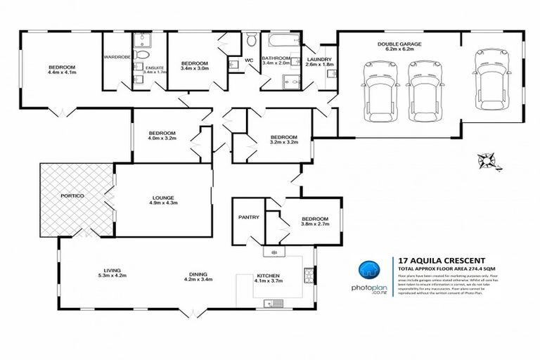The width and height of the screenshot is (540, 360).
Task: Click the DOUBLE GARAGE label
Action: (399, 44)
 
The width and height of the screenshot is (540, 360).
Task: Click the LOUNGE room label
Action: (162, 198)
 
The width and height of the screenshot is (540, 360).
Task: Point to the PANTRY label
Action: (249, 217)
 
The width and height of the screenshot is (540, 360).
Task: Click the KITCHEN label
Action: (269, 276)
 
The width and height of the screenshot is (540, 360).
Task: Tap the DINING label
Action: (198, 275)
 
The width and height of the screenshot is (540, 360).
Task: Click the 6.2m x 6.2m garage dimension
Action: (399, 50)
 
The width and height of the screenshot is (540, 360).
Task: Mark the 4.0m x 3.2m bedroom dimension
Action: (162, 139)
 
